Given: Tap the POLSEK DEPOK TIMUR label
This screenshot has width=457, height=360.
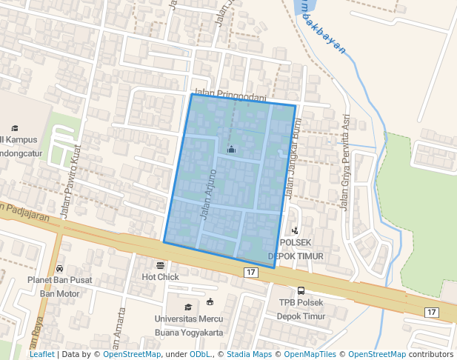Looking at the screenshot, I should [296, 249].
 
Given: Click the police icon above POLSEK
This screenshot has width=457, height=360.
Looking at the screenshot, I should [296, 231].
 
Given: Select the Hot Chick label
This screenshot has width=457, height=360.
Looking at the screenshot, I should [161, 277].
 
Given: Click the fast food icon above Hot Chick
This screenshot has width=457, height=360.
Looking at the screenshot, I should [161, 265].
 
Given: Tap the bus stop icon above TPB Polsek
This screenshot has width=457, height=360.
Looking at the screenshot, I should [301, 290].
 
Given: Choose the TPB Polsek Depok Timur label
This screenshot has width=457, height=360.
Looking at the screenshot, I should [301, 309].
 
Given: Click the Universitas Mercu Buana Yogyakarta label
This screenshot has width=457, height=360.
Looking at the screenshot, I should [188, 326].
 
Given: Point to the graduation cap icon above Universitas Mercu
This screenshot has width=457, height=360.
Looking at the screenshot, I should [188, 307].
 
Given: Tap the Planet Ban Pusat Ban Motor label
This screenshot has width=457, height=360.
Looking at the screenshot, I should [59, 287].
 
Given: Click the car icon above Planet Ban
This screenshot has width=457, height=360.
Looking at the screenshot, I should [59, 268].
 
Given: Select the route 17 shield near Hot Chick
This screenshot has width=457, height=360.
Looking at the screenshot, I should [251, 273].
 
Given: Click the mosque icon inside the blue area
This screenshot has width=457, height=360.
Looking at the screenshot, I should [231, 149].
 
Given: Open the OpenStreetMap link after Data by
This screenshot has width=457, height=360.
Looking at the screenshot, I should [132, 355].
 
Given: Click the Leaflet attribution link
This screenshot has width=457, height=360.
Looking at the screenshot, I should [41, 355].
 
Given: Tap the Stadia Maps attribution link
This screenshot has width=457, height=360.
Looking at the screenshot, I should [249, 355].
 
